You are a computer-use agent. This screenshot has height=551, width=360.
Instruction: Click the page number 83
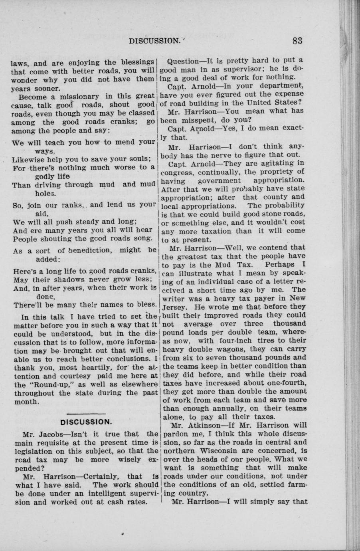click(297, 40)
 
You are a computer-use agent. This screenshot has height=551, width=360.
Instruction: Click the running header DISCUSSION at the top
click(153, 41)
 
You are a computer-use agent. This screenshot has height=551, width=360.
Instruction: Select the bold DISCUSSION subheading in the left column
click(85, 422)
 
